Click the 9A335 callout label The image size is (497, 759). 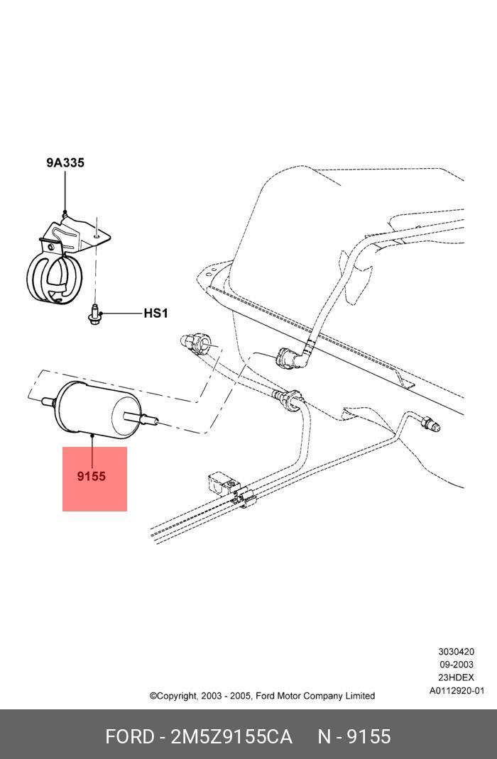65,162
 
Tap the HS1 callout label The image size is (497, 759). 155,313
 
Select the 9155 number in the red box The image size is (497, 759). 92,477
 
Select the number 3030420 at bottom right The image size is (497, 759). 456,651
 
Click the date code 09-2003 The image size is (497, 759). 456,665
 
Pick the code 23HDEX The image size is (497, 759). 456,677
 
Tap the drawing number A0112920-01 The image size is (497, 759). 457,691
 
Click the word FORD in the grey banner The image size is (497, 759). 129,737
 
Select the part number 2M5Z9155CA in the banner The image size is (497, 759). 231,737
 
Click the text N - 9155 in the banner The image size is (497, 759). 354,737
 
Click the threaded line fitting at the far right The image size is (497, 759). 430,424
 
